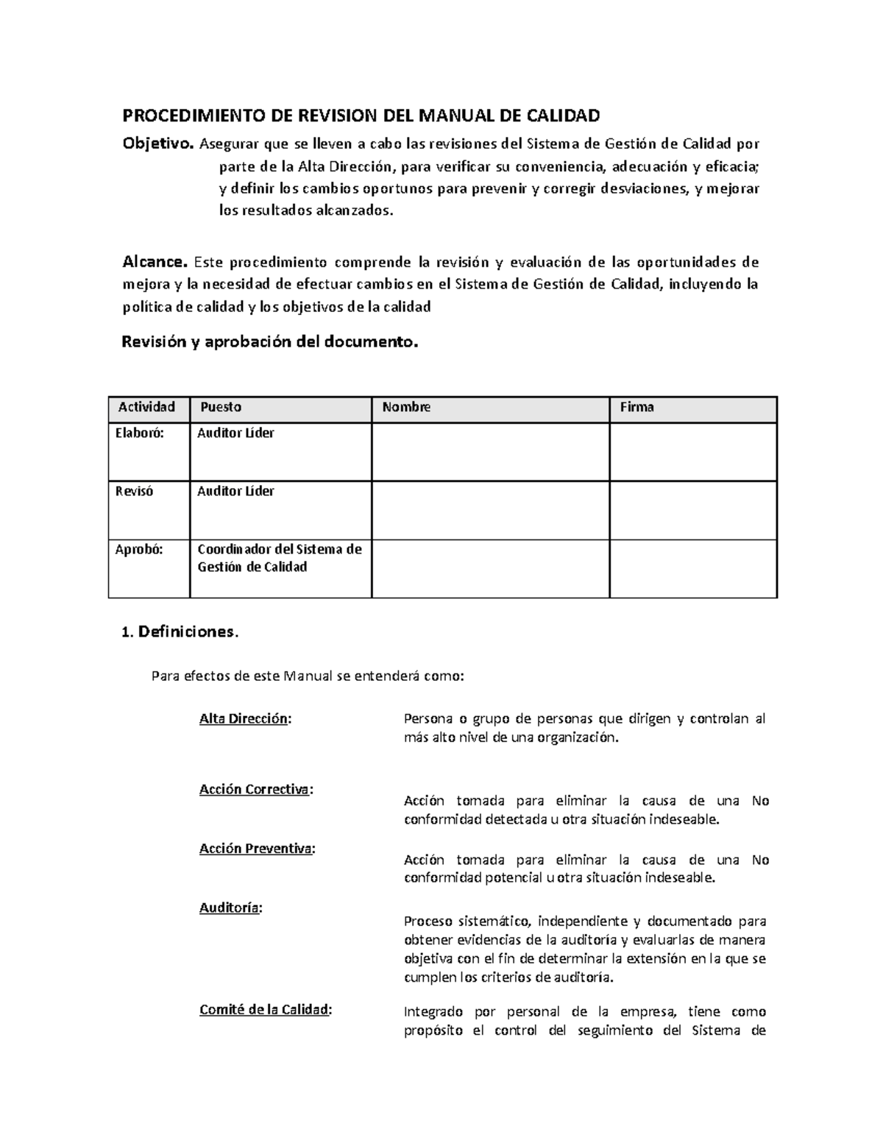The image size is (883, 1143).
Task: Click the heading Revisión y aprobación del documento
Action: point(269,342)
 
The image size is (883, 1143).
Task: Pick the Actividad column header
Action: point(146,407)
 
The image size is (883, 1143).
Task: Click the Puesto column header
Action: point(221,407)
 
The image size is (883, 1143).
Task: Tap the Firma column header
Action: point(636,407)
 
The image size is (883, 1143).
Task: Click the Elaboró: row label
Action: point(139,433)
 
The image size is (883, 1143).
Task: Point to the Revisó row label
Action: point(134,491)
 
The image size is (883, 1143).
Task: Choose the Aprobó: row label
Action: point(138,549)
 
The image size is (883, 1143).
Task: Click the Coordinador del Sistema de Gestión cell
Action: point(280,558)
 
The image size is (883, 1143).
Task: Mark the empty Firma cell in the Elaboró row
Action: point(693,452)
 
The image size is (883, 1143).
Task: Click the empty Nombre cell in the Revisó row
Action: point(490,510)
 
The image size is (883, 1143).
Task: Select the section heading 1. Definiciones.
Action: point(180,631)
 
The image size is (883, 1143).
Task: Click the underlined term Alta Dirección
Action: point(244,719)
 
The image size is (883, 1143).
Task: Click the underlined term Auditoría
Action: point(230,907)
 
